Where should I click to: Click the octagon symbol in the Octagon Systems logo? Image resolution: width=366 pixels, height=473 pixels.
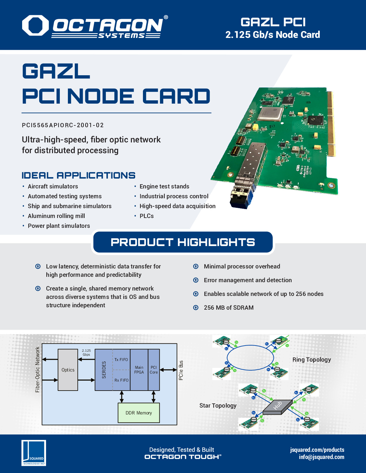pyautogui.click(x=35, y=25)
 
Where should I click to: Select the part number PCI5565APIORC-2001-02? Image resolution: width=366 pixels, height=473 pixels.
pyautogui.click(x=63, y=125)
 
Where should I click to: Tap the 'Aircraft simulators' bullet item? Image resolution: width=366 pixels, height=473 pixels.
pyautogui.click(x=53, y=186)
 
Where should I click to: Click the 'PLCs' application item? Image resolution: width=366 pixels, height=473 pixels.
pyautogui.click(x=147, y=216)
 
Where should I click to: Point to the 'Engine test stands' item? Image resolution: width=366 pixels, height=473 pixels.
pyautogui.click(x=164, y=186)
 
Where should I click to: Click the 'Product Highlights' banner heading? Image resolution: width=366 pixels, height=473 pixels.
pyautogui.click(x=183, y=242)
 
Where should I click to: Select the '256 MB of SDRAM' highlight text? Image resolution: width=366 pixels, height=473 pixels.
pyautogui.click(x=228, y=308)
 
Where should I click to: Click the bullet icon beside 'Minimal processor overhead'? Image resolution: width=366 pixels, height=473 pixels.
pyautogui.click(x=196, y=266)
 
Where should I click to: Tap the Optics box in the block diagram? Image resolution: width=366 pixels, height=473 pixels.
pyautogui.click(x=68, y=370)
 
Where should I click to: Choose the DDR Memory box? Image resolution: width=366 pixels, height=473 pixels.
pyautogui.click(x=139, y=413)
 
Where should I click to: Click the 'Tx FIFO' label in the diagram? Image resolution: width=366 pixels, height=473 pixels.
pyautogui.click(x=121, y=360)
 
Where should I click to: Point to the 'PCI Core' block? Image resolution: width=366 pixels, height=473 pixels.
pyautogui.click(x=154, y=370)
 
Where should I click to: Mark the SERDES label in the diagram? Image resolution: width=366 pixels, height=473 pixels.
pyautogui.click(x=104, y=370)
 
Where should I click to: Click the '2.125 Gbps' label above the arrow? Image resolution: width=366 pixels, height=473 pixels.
pyautogui.click(x=86, y=352)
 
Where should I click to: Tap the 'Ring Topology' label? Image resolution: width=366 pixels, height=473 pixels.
pyautogui.click(x=312, y=360)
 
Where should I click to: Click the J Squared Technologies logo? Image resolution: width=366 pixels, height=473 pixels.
pyautogui.click(x=34, y=453)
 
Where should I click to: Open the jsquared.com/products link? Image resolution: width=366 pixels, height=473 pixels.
pyautogui.click(x=317, y=450)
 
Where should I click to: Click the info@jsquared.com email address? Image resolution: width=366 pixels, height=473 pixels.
pyautogui.click(x=321, y=457)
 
